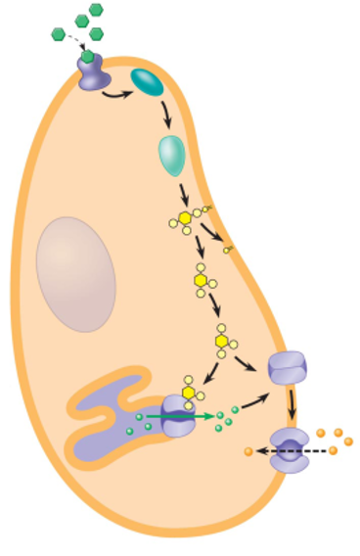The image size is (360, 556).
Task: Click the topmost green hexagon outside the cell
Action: [x=96, y=10]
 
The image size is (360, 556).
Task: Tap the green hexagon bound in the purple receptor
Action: [x=88, y=57]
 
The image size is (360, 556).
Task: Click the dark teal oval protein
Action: [x=148, y=83]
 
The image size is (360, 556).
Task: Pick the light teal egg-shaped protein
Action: [x=172, y=152]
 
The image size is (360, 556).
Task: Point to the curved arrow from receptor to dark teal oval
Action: [x=119, y=95]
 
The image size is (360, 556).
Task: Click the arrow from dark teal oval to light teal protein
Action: [x=166, y=115]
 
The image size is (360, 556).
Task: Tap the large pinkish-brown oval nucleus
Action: [x=76, y=274]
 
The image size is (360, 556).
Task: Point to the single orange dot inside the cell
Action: [x=248, y=451]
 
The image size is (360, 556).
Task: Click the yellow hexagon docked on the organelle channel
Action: [x=188, y=393]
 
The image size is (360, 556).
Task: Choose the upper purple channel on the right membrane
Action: [x=288, y=368]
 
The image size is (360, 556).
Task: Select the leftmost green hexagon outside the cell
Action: [x=58, y=35]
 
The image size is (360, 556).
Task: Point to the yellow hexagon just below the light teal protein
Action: [x=185, y=217]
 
